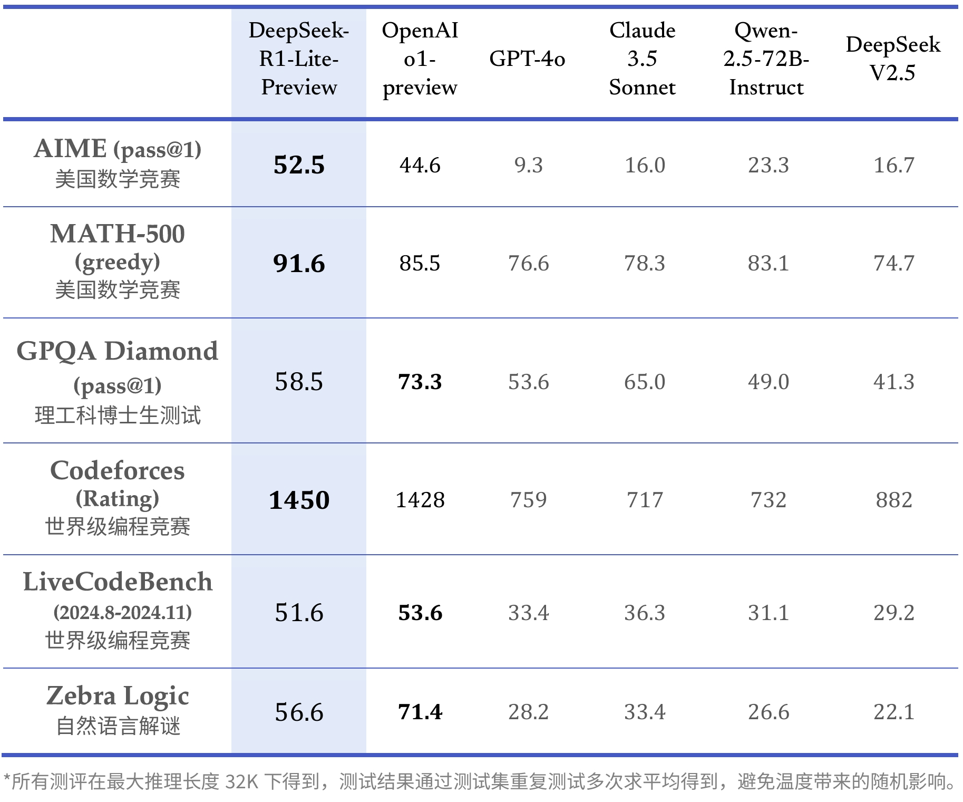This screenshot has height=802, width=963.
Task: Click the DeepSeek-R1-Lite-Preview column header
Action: (299, 59)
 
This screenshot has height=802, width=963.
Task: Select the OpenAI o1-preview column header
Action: (420, 59)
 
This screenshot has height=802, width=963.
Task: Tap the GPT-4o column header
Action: (527, 59)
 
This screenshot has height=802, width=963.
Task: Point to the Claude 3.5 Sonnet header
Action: (642, 59)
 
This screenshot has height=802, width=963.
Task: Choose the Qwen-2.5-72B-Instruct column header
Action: (766, 59)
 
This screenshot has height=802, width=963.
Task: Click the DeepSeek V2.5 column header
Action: (893, 59)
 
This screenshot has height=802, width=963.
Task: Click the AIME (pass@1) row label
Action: (118, 149)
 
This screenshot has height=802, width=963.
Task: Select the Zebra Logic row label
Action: (118, 696)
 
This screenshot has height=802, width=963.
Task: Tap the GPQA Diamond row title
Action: (118, 352)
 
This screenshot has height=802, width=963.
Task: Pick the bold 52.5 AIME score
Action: (299, 165)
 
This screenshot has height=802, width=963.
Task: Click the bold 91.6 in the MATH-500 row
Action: (299, 264)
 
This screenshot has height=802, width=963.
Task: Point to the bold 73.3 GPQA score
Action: (420, 382)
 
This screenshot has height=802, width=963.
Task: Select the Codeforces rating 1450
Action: (299, 500)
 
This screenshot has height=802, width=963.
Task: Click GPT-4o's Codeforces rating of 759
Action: (528, 500)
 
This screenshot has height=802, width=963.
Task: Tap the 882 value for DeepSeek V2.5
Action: (894, 500)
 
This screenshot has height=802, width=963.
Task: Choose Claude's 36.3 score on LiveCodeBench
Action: (645, 613)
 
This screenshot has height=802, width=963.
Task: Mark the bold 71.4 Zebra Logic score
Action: (420, 712)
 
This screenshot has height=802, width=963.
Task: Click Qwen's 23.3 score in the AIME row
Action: (769, 165)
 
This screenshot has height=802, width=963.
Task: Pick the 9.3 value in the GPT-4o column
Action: (528, 165)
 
